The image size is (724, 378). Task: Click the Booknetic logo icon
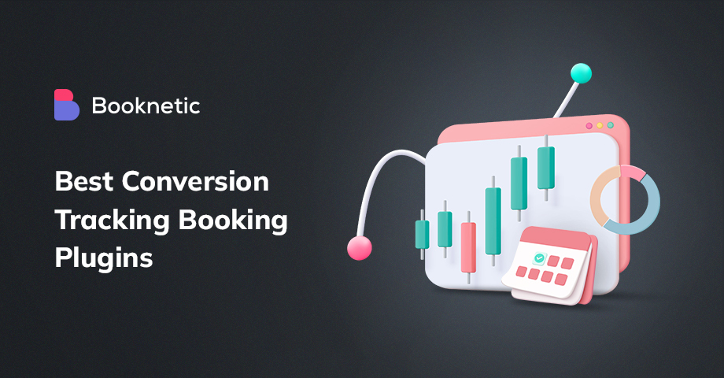[x=67, y=105]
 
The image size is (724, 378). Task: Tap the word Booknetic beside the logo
[x=146, y=106]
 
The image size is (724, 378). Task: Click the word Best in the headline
[x=83, y=183]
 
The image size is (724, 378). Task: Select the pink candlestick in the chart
[x=468, y=247]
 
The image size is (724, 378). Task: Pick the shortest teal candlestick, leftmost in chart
[x=422, y=234]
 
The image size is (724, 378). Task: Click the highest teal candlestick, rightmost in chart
[x=545, y=168]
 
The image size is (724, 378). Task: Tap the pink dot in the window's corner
[x=587, y=125]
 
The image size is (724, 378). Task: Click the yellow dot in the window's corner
[x=599, y=125]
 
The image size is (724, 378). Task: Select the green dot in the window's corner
[x=610, y=125]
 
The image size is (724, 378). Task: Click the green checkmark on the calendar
[x=538, y=258]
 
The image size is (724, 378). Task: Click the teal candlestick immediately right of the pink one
[x=493, y=220]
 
